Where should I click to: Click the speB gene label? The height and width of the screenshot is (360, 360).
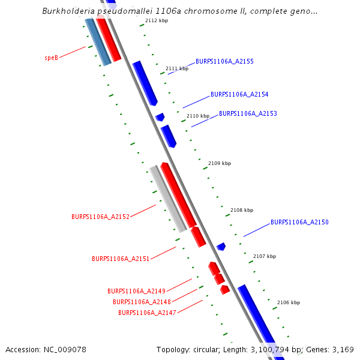[51, 58]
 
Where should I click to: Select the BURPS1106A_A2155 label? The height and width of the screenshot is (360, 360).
[224, 61]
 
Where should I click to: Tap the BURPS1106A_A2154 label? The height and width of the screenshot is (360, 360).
[239, 94]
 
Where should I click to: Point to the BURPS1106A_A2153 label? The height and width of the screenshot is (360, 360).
[248, 113]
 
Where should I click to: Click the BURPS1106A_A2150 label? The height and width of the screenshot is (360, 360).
[299, 222]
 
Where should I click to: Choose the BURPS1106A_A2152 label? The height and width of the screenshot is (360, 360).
[100, 217]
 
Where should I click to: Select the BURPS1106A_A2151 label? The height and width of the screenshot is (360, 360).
[121, 259]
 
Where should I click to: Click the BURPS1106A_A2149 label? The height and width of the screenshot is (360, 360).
[136, 291]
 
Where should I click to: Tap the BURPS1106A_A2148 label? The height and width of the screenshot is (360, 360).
[142, 302]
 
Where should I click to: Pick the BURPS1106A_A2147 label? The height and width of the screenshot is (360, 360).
[147, 313]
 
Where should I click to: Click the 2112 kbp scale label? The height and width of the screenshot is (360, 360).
[157, 20]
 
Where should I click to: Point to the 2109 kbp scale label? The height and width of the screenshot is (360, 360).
[220, 163]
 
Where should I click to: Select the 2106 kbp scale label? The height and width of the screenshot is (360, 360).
[288, 302]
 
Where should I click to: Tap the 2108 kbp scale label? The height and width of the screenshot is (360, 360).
[242, 210]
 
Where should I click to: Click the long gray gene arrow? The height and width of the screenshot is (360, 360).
[168, 199]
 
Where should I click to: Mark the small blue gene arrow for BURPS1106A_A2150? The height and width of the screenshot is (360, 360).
[221, 246]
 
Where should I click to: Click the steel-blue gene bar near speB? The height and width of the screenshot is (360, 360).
[98, 41]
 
